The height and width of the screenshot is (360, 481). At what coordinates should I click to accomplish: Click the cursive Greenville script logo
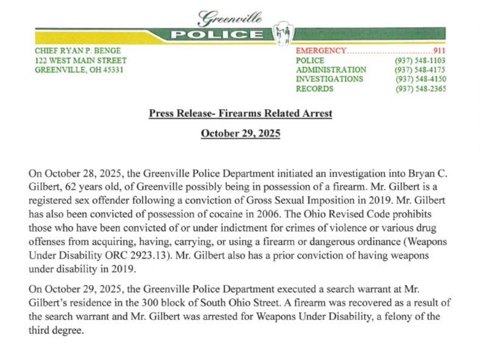230,18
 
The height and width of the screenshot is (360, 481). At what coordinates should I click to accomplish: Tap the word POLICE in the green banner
217,34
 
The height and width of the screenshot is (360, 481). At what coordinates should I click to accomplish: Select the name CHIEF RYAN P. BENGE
78,51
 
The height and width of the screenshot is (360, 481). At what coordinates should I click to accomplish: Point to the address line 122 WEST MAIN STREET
81,61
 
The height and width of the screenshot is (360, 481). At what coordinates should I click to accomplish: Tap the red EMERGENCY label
321,51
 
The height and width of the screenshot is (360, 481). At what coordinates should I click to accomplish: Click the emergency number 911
439,51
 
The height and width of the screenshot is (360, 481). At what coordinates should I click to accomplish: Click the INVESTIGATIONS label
329,79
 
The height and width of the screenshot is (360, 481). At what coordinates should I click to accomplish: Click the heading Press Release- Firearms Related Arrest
240,113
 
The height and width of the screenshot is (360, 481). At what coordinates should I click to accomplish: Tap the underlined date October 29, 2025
240,133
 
